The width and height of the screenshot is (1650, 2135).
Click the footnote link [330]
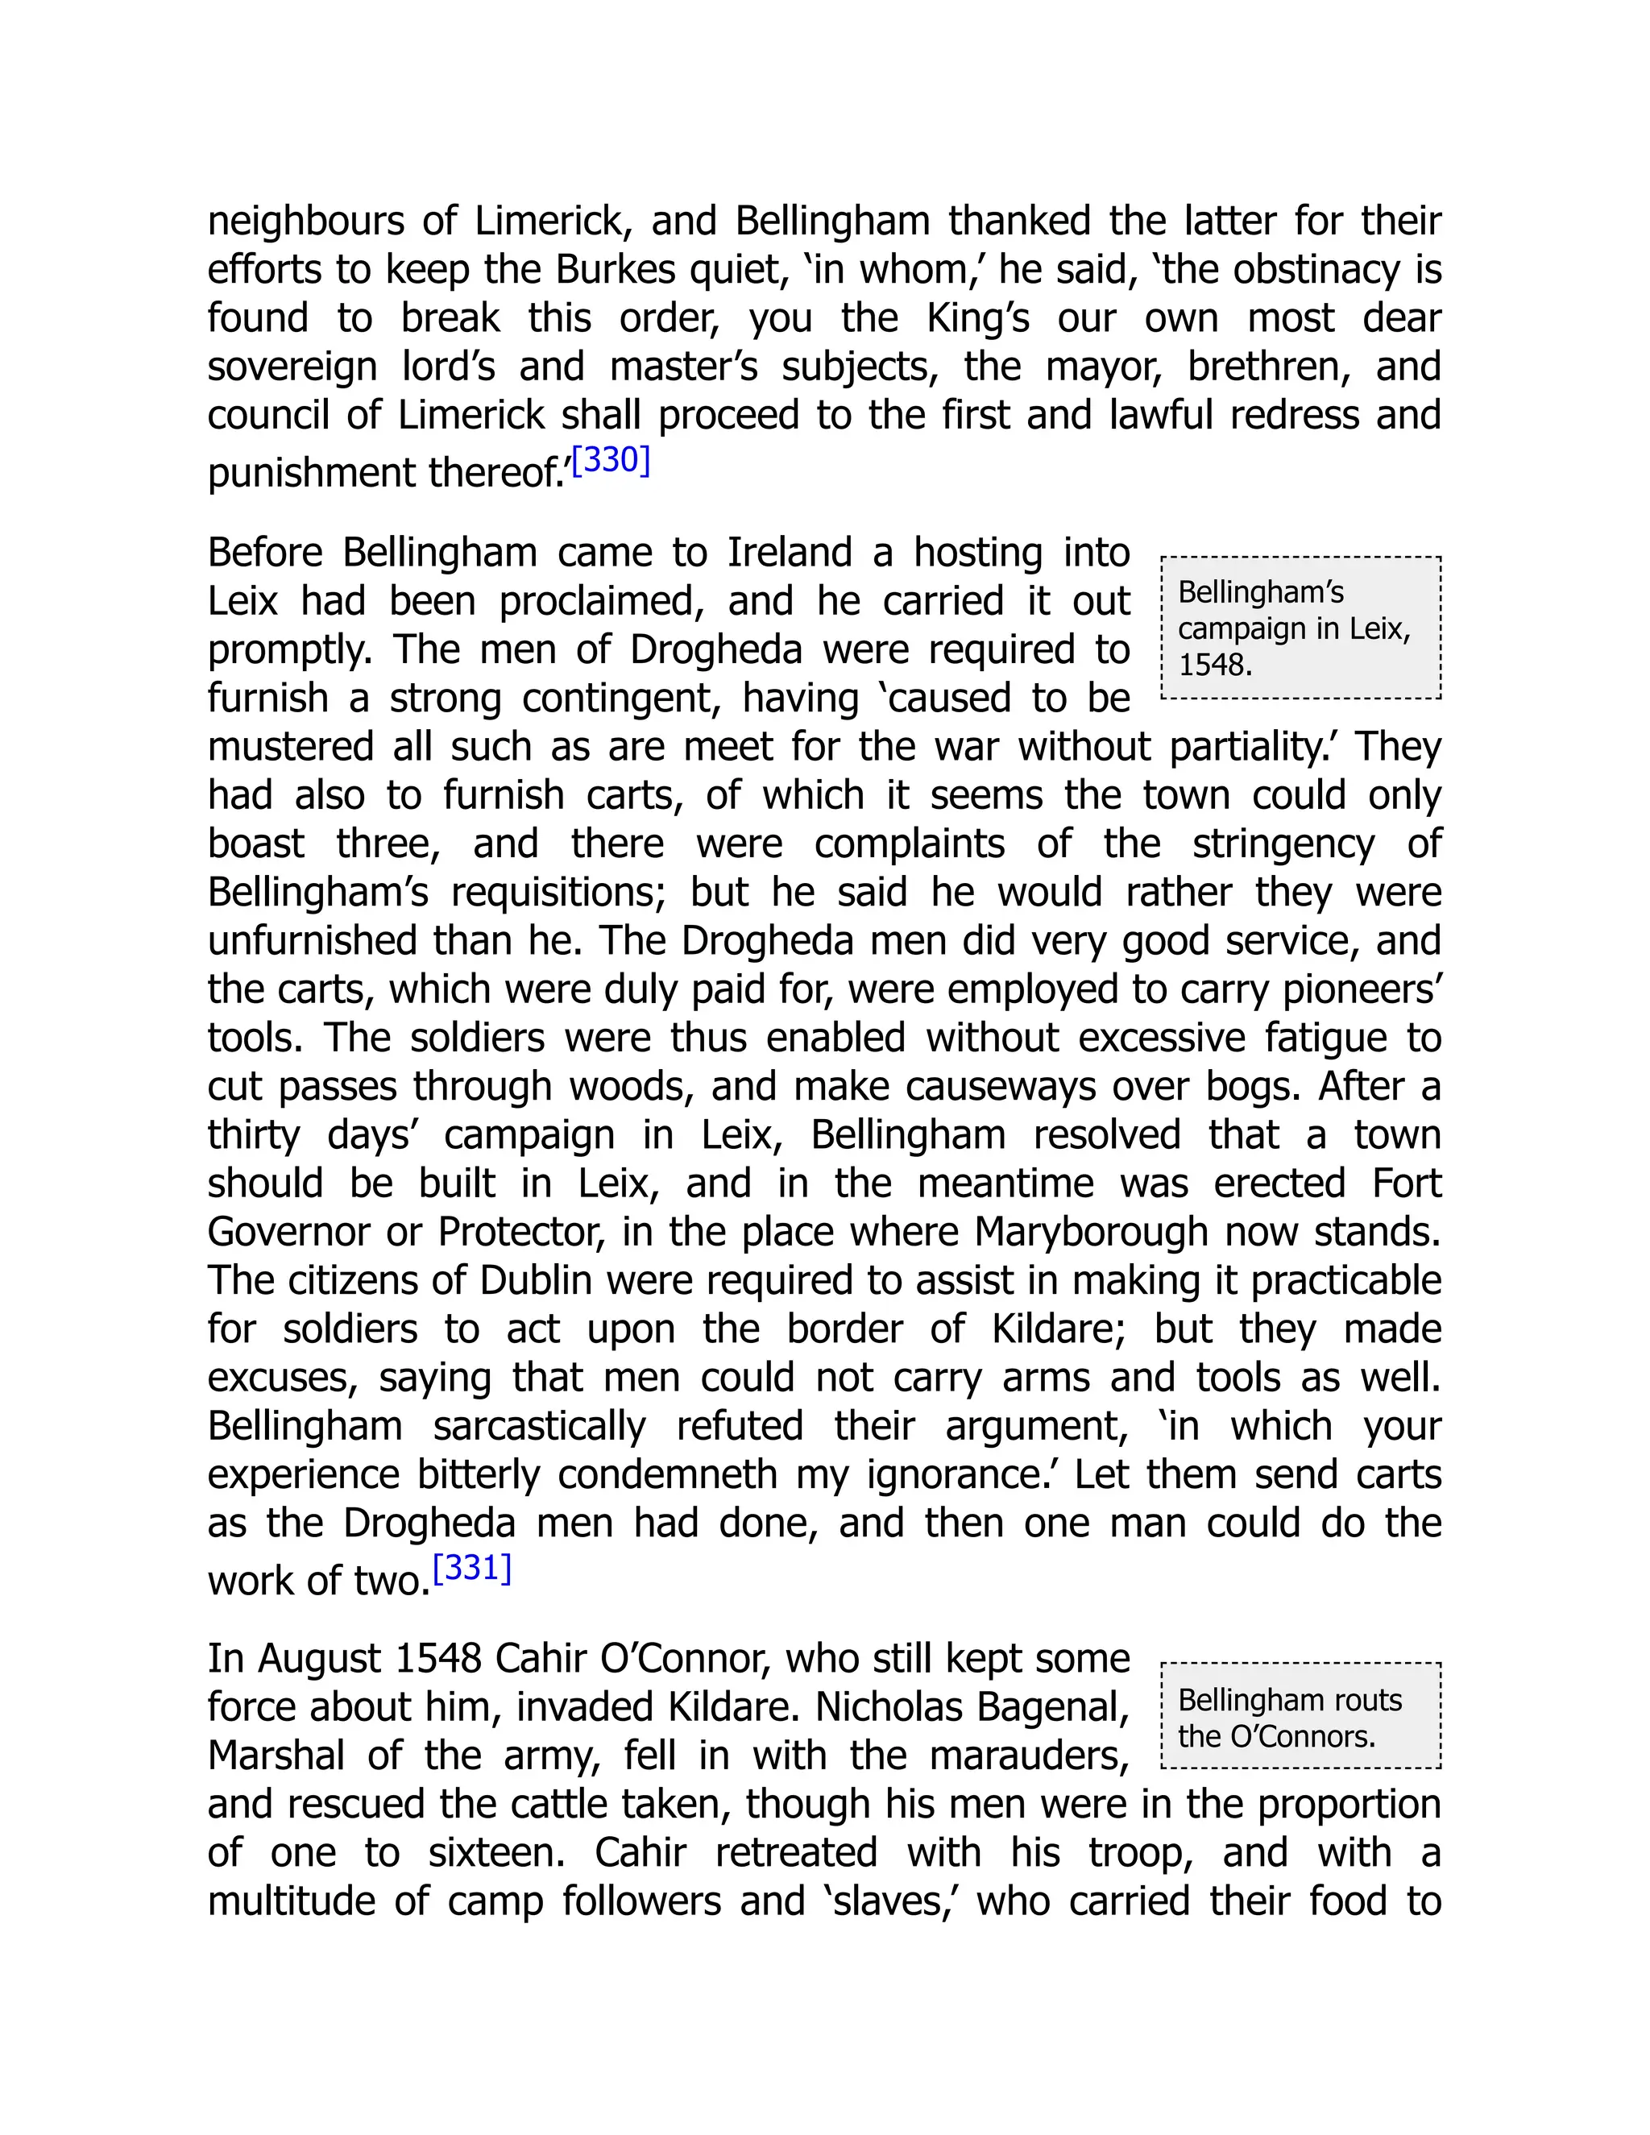pyautogui.click(x=611, y=459)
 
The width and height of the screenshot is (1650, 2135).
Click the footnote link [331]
pyautogui.click(x=472, y=1567)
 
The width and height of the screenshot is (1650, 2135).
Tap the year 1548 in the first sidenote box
pyautogui.click(x=1213, y=665)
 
